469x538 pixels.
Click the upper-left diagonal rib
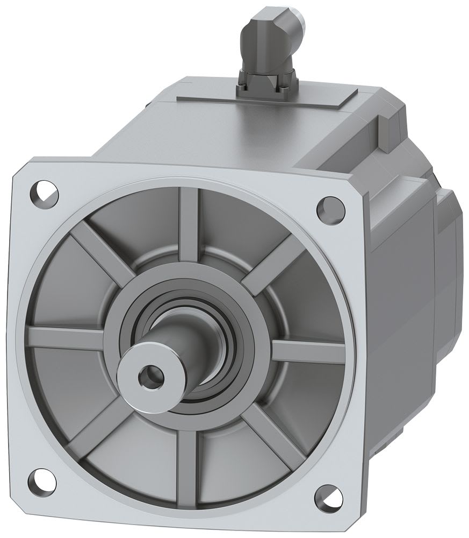(99, 247)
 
